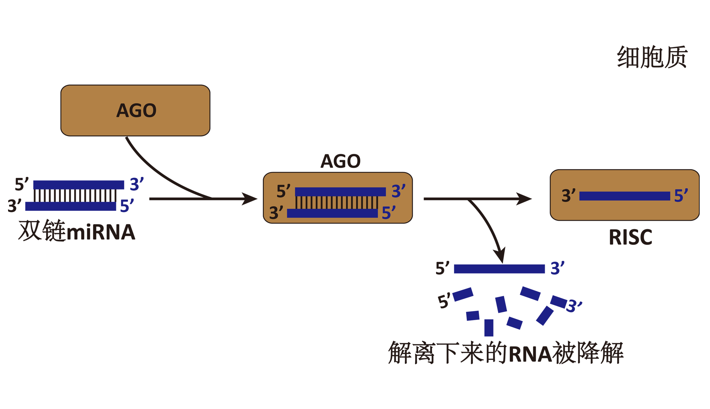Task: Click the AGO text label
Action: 136,110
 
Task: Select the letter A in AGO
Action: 122,110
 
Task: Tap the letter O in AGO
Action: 149,110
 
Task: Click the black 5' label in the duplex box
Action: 283,191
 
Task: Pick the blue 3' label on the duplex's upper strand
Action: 398,191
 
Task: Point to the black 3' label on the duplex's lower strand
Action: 276,213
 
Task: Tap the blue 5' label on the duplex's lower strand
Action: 389,213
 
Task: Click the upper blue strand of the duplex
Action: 340,192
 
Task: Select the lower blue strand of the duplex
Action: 332,213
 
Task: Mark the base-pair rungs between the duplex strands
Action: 336,202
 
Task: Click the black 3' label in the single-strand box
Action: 568,195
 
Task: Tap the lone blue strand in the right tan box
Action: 625,196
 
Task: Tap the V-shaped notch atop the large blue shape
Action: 502,263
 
